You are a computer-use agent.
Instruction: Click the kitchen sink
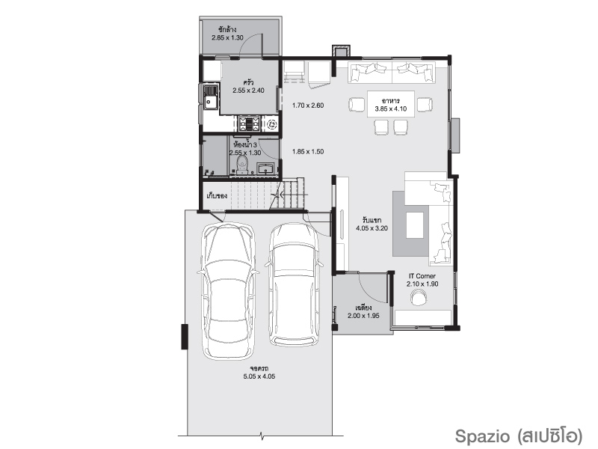[210, 97]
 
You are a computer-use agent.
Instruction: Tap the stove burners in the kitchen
[249, 123]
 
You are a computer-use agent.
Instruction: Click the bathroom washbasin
[266, 168]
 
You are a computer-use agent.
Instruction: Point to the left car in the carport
[228, 291]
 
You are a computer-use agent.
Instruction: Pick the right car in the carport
[294, 284]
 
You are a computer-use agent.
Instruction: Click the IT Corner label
[422, 276]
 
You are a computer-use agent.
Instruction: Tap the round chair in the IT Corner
[419, 297]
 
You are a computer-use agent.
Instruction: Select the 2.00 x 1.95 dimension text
[363, 316]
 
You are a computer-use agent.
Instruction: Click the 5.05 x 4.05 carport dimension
[259, 376]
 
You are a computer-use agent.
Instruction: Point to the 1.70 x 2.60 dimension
[308, 106]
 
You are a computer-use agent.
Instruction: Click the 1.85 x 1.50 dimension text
[308, 152]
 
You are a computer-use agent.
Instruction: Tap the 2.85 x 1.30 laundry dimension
[228, 38]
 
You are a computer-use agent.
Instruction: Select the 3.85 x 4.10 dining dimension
[391, 109]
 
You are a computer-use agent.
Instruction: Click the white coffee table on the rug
[415, 225]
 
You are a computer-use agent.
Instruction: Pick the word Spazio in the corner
[482, 436]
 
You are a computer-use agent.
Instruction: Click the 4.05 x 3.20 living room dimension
[372, 228]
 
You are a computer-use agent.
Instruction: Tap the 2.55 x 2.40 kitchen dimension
[249, 91]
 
